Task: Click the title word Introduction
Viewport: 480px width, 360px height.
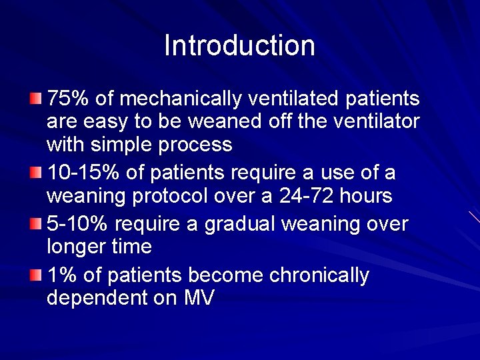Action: tap(239, 46)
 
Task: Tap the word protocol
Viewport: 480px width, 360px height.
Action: tap(163, 196)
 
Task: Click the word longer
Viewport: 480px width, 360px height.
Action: tap(76, 247)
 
